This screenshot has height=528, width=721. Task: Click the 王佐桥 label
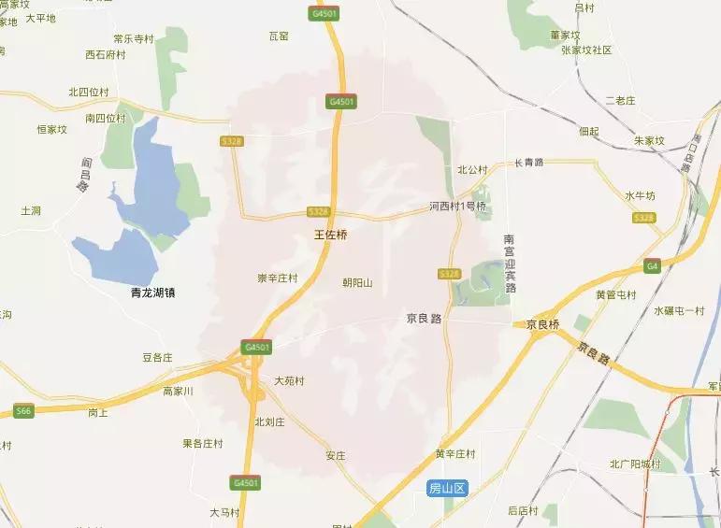[330, 235]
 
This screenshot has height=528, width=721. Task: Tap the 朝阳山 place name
[358, 281]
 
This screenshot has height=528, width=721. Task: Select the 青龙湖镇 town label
[153, 293]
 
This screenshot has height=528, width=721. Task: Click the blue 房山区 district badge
[447, 489]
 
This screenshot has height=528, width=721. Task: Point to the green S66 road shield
[23, 409]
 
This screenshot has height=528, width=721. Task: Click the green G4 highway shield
[652, 266]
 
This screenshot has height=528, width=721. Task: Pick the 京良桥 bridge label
[542, 324]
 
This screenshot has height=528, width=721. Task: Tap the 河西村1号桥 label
[458, 206]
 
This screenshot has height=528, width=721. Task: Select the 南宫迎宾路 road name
[510, 264]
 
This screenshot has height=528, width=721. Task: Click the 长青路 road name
[529, 163]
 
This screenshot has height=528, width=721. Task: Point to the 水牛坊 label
[641, 195]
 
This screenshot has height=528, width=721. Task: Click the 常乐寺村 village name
[133, 39]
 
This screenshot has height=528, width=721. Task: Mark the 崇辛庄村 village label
[277, 278]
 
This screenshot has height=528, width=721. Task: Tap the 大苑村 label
[289, 380]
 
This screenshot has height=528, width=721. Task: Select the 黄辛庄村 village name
[455, 454]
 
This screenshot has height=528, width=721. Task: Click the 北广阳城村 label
[635, 464]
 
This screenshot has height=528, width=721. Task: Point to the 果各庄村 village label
[205, 443]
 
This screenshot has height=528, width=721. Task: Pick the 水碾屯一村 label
[679, 310]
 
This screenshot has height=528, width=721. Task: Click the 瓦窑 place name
[279, 36]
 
